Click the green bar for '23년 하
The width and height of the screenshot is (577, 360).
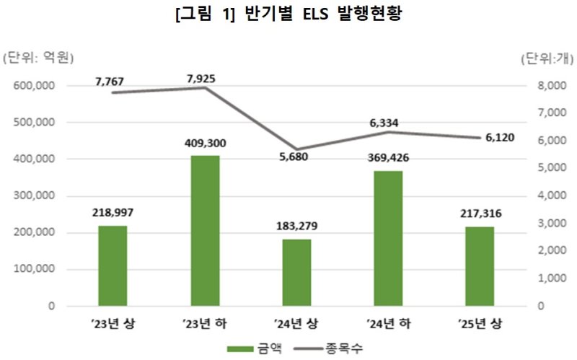pos(205,231)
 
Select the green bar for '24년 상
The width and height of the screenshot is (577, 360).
pos(297,273)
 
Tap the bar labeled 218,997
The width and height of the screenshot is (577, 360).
pos(113,265)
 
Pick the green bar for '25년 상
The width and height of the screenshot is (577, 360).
pos(480,266)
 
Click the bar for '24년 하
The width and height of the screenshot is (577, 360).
pos(389,238)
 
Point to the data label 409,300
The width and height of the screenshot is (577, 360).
pos(205,144)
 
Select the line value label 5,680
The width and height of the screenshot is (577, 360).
pos(292,157)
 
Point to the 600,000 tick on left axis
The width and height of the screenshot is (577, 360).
pos(35,86)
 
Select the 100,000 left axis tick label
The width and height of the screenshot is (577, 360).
pos(35,270)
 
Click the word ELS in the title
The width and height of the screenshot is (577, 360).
pos(305,16)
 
